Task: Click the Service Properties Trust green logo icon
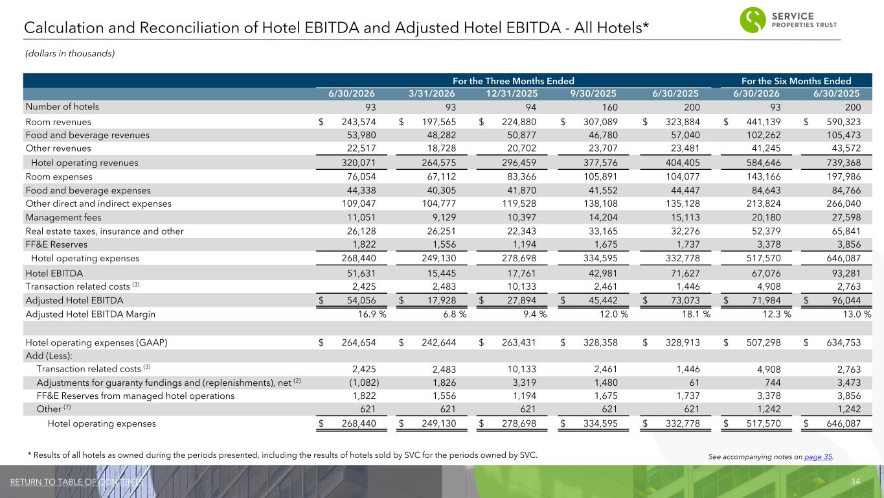click(753, 19)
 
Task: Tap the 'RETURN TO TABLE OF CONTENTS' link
click(76, 482)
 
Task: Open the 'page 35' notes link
click(818, 456)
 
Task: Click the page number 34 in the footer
click(856, 481)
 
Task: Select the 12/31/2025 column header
click(512, 93)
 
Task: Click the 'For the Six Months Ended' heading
click(796, 81)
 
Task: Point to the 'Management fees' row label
click(63, 217)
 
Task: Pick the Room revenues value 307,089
click(600, 122)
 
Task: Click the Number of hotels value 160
click(609, 107)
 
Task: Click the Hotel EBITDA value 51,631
click(361, 273)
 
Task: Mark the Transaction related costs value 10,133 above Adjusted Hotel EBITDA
click(521, 287)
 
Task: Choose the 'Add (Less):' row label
click(49, 356)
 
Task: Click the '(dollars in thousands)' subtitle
click(70, 53)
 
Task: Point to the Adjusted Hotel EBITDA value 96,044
click(846, 300)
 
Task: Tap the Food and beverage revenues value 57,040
click(685, 135)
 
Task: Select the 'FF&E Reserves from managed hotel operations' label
click(135, 396)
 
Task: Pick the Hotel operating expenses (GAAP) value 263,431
click(519, 342)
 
